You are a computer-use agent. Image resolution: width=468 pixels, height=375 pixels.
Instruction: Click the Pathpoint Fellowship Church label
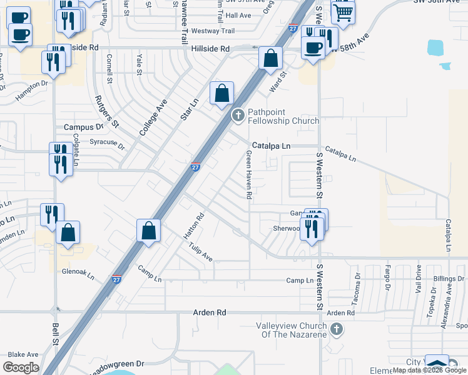283,116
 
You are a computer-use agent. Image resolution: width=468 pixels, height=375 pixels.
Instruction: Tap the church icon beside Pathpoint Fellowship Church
238,115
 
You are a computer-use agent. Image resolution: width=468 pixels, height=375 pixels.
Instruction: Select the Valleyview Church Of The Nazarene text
292,330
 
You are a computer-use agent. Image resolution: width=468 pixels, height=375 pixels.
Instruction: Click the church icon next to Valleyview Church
336,329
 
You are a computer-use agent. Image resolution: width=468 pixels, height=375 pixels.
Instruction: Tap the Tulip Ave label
201,252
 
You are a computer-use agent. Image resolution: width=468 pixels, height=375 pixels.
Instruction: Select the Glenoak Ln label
78,274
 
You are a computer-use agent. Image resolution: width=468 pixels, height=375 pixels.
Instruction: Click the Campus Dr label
83,127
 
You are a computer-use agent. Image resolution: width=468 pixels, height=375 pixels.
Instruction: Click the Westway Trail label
213,31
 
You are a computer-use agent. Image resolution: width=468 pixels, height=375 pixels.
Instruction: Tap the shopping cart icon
343,11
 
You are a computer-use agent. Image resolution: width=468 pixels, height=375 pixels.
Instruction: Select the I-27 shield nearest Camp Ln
117,279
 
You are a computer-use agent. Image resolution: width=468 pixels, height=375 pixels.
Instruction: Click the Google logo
21,367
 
